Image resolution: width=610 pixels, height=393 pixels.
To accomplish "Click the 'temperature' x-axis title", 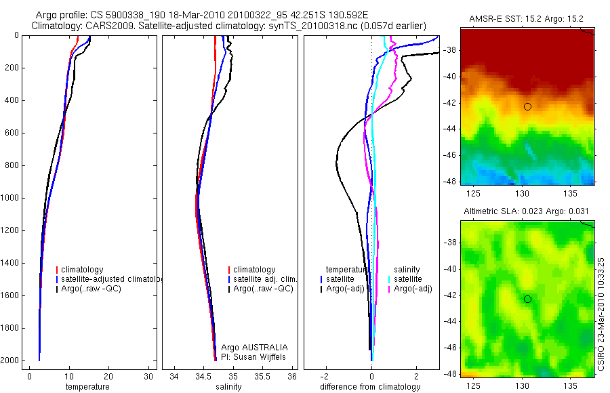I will (x=87, y=387).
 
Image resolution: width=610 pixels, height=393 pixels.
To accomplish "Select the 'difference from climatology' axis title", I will (x=370, y=387).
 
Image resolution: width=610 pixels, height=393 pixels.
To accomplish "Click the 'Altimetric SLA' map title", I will (x=527, y=212).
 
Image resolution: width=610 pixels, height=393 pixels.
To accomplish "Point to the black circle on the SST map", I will (x=527, y=106).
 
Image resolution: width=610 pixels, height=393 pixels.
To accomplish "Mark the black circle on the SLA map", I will (x=527, y=299).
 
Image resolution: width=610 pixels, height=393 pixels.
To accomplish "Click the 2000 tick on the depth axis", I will (x=12, y=360).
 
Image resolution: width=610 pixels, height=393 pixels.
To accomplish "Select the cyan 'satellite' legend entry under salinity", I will (x=408, y=279).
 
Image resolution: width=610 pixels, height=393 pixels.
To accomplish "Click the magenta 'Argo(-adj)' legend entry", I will (x=413, y=289).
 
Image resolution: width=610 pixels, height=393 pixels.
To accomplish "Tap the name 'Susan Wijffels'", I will (x=262, y=356).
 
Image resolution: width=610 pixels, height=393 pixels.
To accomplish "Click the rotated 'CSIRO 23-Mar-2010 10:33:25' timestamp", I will (x=603, y=308).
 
